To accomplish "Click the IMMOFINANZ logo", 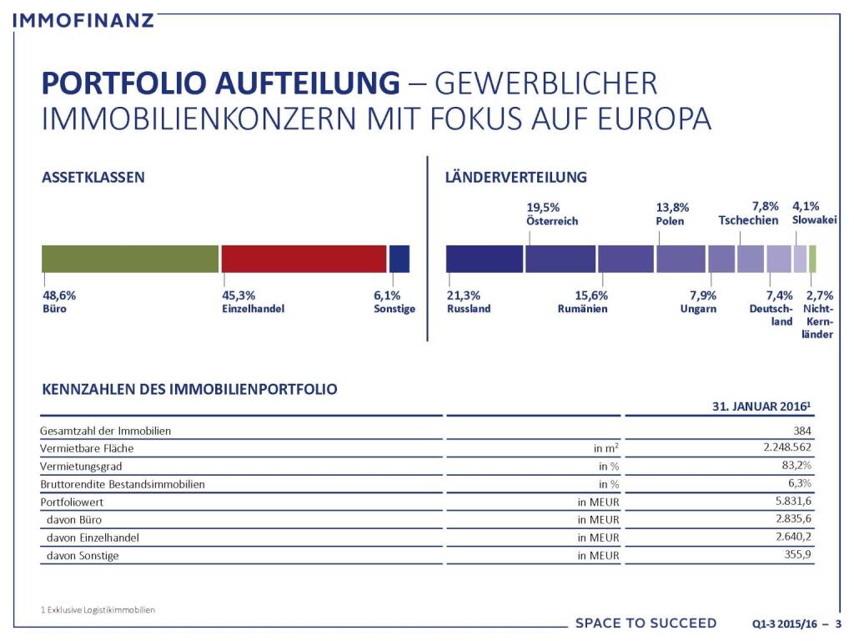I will [x=84, y=19].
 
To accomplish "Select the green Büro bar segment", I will [x=130, y=259].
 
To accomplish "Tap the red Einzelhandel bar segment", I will [x=304, y=259].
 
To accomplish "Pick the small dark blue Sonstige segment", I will [x=399, y=259].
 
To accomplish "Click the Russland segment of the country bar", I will [x=485, y=259].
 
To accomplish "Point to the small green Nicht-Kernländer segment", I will [x=813, y=259].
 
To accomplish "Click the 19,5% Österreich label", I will [x=551, y=215].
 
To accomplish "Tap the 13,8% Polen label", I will [x=673, y=215].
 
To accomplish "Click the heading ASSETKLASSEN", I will [x=93, y=177].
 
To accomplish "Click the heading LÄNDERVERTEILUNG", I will [x=516, y=177].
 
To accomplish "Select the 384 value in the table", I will [x=801, y=431].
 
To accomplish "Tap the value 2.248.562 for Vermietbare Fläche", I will [x=781, y=448].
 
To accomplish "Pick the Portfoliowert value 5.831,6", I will [x=794, y=502].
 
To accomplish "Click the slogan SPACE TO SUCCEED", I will [x=646, y=623].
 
